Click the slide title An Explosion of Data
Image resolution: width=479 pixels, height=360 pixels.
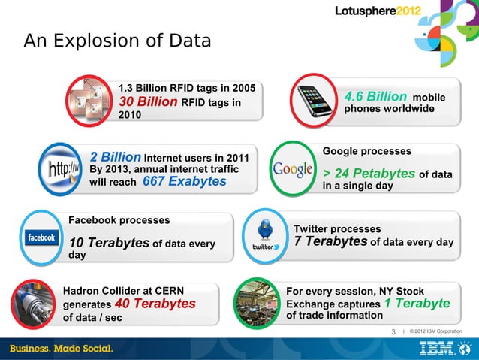[x=117, y=41]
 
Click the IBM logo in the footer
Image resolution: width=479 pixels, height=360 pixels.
[x=439, y=349]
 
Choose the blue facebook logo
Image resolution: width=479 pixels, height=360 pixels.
[x=42, y=237]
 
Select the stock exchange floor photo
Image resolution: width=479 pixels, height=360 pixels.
[x=259, y=304]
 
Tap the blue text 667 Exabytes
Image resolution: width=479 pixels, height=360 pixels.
[x=184, y=182]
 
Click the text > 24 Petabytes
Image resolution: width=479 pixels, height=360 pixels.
[x=369, y=174]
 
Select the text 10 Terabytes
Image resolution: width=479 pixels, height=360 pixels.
[x=108, y=242]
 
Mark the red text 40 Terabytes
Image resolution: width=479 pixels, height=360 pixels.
[x=155, y=304]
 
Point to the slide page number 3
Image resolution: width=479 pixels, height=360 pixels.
[x=393, y=331]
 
